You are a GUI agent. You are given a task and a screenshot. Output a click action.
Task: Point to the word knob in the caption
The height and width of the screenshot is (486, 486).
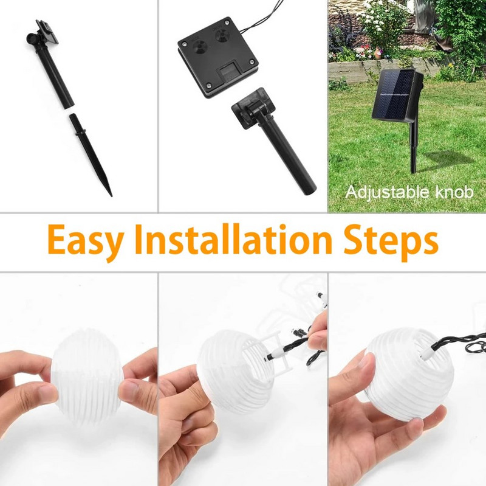pos(454,192)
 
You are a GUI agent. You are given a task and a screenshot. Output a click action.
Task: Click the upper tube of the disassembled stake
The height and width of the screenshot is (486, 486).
pos(56,78)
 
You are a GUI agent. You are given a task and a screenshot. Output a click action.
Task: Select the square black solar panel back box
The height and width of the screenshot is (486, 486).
pos(218,57)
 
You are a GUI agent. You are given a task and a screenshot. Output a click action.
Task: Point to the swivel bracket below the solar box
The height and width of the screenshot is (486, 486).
pos(253,108)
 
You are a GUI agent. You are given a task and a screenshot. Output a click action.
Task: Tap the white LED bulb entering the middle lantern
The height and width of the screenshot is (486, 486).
pos(277,355)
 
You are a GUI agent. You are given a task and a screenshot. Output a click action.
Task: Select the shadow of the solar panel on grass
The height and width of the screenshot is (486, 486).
pos(446,159)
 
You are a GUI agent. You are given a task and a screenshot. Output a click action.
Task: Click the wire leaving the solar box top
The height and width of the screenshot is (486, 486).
pos(262,16)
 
